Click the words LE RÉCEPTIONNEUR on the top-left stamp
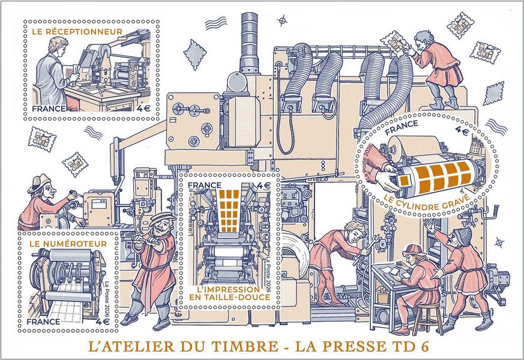coord(77,32)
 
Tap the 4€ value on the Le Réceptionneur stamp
coord(143,109)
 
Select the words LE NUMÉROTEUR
coord(68,244)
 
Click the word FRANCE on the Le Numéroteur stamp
coord(43,322)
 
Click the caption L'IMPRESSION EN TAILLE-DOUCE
coord(229,293)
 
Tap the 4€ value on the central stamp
coord(264,185)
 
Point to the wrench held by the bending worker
coord(367,249)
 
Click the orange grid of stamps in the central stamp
coord(229,211)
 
